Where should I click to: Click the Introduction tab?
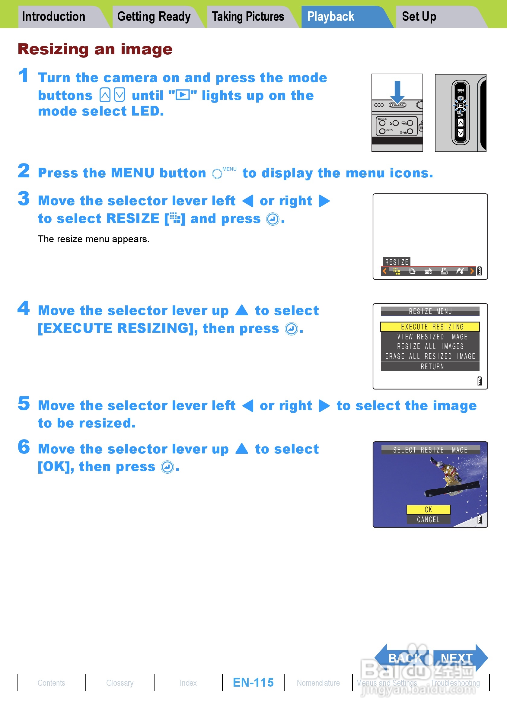pyautogui.click(x=59, y=17)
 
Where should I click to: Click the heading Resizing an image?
pyautogui.click(x=95, y=49)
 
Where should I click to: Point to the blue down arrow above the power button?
pyautogui.click(x=397, y=92)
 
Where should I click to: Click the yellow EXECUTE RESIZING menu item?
pyautogui.click(x=430, y=326)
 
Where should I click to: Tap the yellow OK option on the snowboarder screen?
pyautogui.click(x=429, y=510)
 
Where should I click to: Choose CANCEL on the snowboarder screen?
pyautogui.click(x=429, y=519)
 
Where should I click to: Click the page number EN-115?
pyautogui.click(x=253, y=682)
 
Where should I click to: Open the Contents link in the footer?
pyautogui.click(x=51, y=683)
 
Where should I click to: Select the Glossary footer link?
pyautogui.click(x=120, y=683)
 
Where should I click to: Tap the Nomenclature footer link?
pyautogui.click(x=318, y=683)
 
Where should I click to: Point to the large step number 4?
pyautogui.click(x=24, y=308)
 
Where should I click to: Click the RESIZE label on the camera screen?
pyautogui.click(x=397, y=262)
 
